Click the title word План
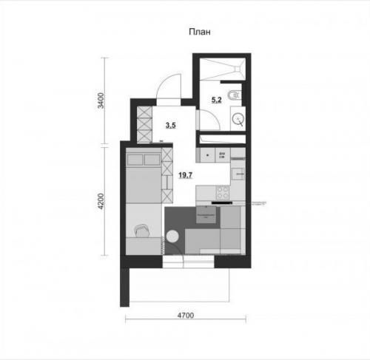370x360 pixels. tap(199, 32)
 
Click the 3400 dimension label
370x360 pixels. tap(102, 99)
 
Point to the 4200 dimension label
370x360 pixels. tap(102, 202)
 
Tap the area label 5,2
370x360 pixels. tap(216, 99)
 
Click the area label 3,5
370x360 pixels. tap(170, 126)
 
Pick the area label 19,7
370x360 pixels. tap(186, 175)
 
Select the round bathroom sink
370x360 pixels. tap(238, 117)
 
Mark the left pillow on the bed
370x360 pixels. tap(134, 159)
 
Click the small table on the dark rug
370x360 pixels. tap(206, 215)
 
